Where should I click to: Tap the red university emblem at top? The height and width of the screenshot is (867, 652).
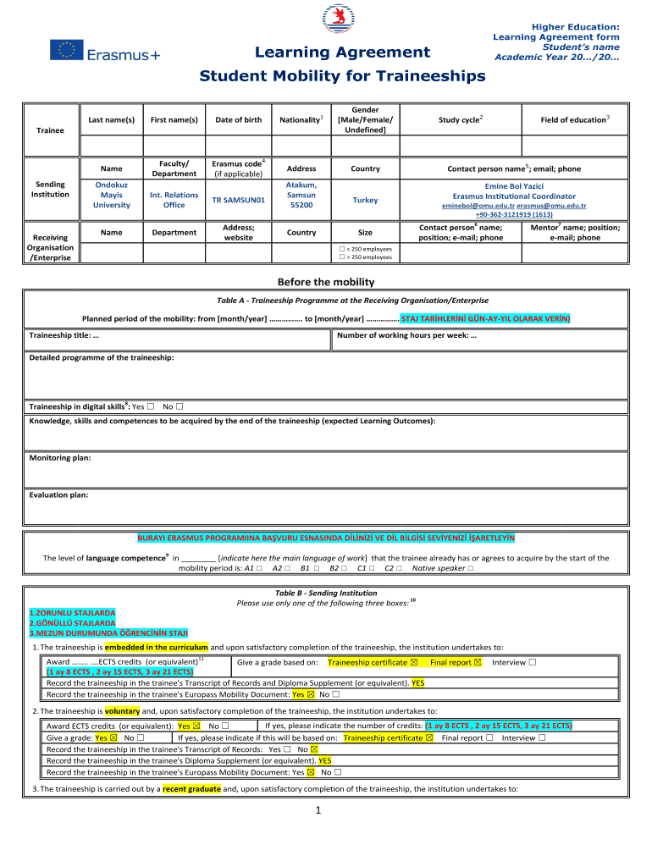coord(334,19)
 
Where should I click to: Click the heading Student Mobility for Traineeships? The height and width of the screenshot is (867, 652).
coord(342,76)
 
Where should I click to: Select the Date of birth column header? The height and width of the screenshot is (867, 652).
coord(238,120)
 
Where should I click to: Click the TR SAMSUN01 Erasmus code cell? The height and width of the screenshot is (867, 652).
coord(238,200)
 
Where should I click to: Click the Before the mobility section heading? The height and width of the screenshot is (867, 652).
coord(326,282)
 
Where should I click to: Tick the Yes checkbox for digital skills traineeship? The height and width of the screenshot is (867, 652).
coord(150,406)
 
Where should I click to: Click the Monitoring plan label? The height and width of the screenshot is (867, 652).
coord(60,458)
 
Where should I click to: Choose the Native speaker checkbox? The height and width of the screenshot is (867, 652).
coord(470,568)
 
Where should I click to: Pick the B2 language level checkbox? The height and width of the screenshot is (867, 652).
coord(343,568)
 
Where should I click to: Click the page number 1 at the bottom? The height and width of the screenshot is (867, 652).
coord(314,811)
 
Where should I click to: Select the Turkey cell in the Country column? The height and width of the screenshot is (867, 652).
coord(366,200)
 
